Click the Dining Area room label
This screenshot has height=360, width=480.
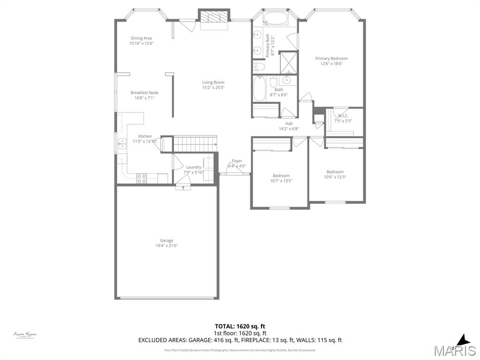click(x=141, y=38)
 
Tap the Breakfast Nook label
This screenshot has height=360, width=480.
click(x=144, y=93)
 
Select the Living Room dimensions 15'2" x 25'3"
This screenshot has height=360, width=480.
click(x=213, y=88)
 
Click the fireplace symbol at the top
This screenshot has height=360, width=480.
click(x=214, y=18)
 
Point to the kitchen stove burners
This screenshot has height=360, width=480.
click(x=142, y=178)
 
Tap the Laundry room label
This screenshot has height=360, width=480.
click(x=194, y=167)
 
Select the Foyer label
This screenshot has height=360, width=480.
click(x=237, y=161)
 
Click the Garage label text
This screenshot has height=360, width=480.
click(x=166, y=240)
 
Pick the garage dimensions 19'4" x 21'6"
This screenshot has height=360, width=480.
click(x=166, y=246)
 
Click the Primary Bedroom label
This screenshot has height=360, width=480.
click(x=331, y=59)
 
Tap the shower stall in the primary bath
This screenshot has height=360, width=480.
click(x=288, y=63)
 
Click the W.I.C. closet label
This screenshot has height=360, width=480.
click(x=343, y=115)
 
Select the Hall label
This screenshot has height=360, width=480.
click(x=289, y=124)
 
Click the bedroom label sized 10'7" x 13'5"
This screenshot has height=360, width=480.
click(x=281, y=176)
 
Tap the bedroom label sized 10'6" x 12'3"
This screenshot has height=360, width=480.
click(x=335, y=172)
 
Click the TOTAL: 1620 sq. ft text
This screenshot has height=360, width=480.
click(x=240, y=326)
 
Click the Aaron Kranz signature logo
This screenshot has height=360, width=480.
click(x=25, y=335)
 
